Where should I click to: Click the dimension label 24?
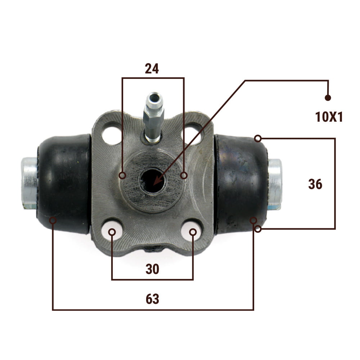coord(152,68)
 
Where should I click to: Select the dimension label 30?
coord(152,269)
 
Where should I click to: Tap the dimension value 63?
coord(152,299)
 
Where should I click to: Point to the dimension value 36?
coord(315,184)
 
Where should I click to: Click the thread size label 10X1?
coord(329,117)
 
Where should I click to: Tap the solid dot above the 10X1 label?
coord(328,98)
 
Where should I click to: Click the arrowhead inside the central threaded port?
coord(157,181)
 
